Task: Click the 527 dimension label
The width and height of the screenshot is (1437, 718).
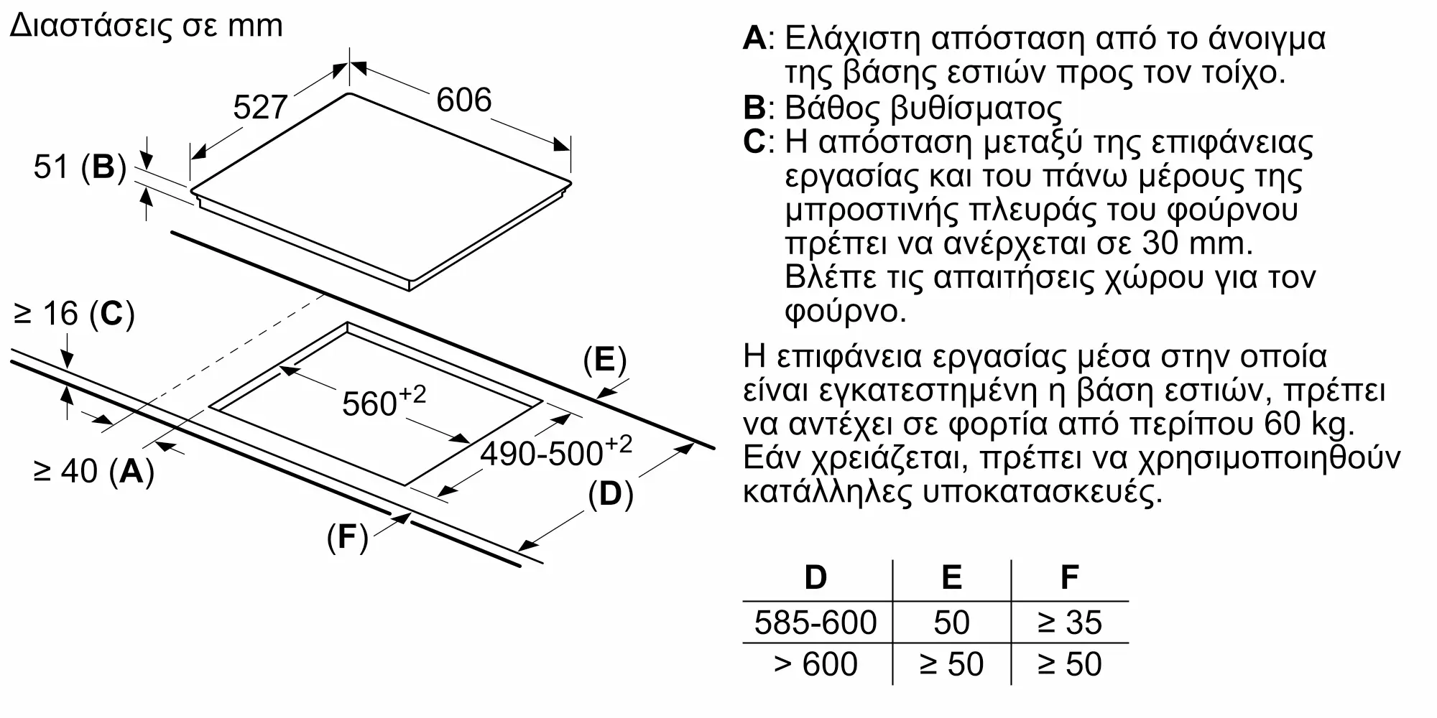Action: pyautogui.click(x=260, y=108)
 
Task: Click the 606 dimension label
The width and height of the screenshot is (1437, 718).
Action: pyautogui.click(x=463, y=100)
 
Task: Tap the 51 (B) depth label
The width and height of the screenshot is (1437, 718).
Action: pyautogui.click(x=79, y=167)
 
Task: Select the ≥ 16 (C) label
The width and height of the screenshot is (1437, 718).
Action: pyautogui.click(x=74, y=314)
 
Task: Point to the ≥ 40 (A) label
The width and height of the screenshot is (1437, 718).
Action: pyautogui.click(x=93, y=472)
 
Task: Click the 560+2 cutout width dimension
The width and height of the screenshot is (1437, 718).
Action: pyautogui.click(x=384, y=401)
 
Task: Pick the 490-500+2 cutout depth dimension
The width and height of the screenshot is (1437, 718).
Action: pyautogui.click(x=556, y=452)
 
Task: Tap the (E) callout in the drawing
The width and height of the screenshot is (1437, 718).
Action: pyautogui.click(x=604, y=360)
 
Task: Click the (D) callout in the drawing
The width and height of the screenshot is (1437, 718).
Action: pyautogui.click(x=610, y=495)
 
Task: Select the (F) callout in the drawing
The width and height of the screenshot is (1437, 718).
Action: pyautogui.click(x=347, y=537)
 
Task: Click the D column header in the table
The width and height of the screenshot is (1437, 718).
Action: pyautogui.click(x=815, y=577)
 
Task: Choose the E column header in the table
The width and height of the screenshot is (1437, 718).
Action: pyautogui.click(x=951, y=577)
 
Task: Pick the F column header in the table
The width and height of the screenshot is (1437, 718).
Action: pyautogui.click(x=1069, y=577)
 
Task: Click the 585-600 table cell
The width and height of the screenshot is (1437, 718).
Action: pyautogui.click(x=815, y=623)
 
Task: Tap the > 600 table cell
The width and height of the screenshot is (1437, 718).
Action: pyautogui.click(x=815, y=664)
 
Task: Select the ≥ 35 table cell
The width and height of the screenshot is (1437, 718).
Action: pyautogui.click(x=1069, y=623)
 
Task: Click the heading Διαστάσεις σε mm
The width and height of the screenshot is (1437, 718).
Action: pyautogui.click(x=147, y=26)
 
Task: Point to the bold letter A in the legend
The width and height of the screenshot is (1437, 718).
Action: pyautogui.click(x=754, y=38)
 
